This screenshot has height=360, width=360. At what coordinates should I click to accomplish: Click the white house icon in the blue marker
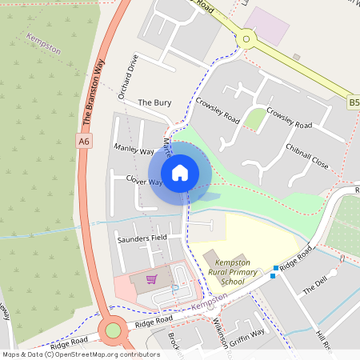click(x=180, y=172)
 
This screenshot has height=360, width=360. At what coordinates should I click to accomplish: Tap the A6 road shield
click(x=84, y=141)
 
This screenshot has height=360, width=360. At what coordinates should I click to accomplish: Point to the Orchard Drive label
click(x=128, y=77)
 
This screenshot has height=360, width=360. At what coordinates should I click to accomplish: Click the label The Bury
click(x=154, y=103)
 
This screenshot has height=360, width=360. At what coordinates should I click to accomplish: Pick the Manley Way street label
click(x=134, y=150)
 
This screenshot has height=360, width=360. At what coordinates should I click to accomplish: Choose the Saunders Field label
click(x=142, y=238)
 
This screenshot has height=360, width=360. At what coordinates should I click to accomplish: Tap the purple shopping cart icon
click(x=151, y=279)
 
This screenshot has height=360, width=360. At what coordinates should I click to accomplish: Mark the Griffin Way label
click(x=246, y=334)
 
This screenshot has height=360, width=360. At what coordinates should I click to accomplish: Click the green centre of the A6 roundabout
click(x=113, y=330)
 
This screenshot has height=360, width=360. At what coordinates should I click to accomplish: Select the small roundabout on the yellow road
click(x=246, y=38)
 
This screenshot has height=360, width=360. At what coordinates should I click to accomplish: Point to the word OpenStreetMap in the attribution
click(x=82, y=354)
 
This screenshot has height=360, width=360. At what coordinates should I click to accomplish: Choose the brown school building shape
click(x=212, y=258)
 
